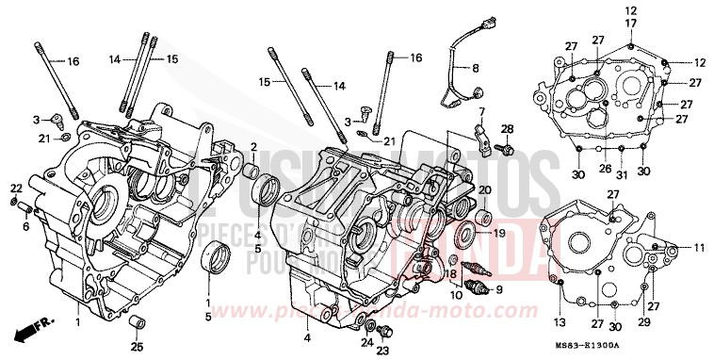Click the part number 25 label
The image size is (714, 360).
[138, 349]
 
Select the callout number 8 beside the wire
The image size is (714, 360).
[475, 68]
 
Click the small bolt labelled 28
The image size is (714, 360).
[506, 147]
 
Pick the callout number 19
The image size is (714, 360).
[498, 233]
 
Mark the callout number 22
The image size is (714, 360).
[17, 188]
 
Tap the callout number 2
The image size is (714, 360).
[253, 146]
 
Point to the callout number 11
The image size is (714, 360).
[700, 248]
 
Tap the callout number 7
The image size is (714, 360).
[479, 112]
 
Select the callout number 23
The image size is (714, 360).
[381, 350]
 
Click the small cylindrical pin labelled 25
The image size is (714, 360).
[138, 325]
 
